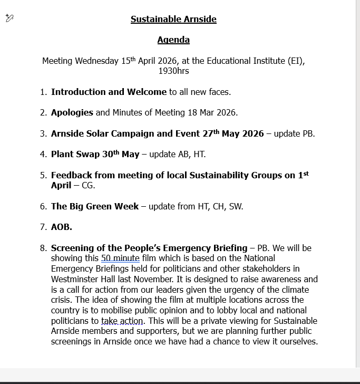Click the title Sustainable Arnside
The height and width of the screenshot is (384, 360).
click(x=173, y=20)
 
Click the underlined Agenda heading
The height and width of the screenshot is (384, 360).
click(x=173, y=40)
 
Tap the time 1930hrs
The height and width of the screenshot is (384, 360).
click(x=173, y=71)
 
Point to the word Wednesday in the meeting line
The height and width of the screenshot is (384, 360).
click(x=96, y=61)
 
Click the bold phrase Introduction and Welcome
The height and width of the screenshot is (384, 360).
click(x=109, y=92)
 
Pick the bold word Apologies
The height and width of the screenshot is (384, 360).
click(x=72, y=112)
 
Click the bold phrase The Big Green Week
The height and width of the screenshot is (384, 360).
click(x=95, y=206)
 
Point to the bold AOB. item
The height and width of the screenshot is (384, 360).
click(x=62, y=227)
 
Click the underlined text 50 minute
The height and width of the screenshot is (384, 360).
click(x=120, y=258)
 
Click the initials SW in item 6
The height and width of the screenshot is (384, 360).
click(x=236, y=206)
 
